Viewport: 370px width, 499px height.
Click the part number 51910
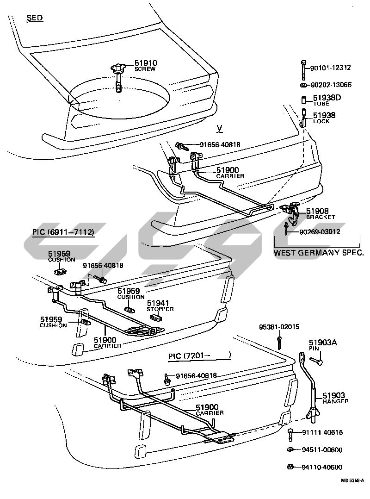tap(146, 63)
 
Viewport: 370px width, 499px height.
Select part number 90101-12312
tap(330, 68)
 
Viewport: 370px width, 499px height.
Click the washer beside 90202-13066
tap(302, 85)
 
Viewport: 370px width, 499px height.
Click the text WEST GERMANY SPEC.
tap(319, 253)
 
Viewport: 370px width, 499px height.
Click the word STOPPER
tap(160, 308)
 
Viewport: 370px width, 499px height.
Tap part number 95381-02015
tap(279, 326)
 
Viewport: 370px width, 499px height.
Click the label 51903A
tap(323, 343)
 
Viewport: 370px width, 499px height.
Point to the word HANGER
tap(335, 401)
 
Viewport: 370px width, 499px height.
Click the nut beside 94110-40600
tap(290, 467)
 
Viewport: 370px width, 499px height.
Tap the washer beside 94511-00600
tap(290, 450)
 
